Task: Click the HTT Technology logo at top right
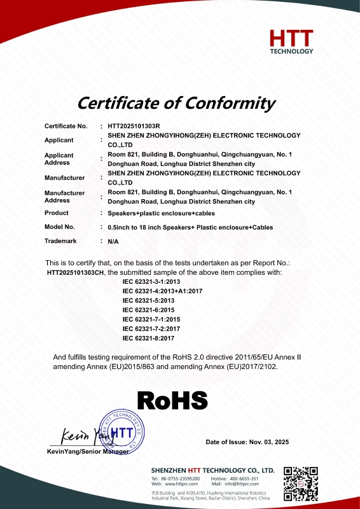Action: pos(291,41)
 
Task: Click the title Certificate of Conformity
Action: pos(176,102)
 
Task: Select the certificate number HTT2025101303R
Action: pos(134,127)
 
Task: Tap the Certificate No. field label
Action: pos(66,127)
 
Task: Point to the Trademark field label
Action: pos(61,241)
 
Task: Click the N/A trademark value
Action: pos(114,242)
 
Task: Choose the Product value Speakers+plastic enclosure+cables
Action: pos(160,213)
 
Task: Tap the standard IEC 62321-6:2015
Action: pos(148,309)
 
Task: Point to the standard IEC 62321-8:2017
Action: pos(148,338)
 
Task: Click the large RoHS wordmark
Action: pos(173,400)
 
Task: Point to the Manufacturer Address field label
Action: pos(65,197)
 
